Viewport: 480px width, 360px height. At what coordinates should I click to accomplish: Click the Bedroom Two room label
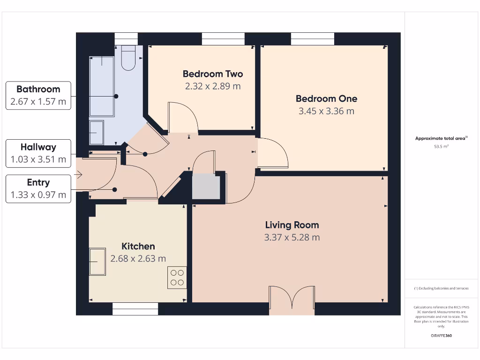click(213, 74)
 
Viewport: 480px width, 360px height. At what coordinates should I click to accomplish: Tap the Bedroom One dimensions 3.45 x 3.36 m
click(326, 111)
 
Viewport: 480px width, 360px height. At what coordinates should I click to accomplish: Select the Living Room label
click(292, 225)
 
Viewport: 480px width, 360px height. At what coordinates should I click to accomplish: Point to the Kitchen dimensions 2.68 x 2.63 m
click(138, 258)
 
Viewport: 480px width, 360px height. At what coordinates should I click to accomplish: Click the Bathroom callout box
click(38, 96)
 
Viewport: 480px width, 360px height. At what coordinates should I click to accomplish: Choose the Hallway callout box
click(38, 153)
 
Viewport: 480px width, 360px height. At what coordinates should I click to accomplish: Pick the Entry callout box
click(38, 189)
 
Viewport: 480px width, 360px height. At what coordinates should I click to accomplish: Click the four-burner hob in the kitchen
click(177, 277)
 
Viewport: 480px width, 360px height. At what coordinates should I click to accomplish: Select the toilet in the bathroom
click(128, 58)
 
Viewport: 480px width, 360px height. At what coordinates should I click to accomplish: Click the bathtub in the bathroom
click(102, 86)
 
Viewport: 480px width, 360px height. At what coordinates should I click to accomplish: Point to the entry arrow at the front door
click(78, 175)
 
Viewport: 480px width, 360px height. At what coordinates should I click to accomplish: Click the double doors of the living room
click(292, 300)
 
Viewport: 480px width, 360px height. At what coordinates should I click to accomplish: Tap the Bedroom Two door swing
click(183, 117)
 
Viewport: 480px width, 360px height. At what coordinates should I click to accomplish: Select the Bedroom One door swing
click(272, 153)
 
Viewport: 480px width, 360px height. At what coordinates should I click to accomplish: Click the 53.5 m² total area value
click(441, 147)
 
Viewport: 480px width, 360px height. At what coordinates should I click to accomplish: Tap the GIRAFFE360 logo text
click(441, 336)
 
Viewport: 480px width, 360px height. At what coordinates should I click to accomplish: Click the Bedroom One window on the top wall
click(313, 39)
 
